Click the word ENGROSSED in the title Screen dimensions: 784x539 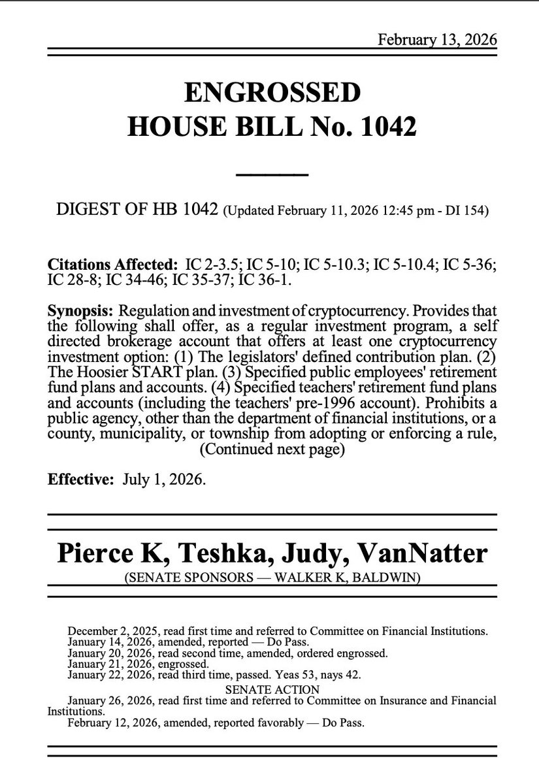click(272, 93)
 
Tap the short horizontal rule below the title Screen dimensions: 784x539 click(271, 174)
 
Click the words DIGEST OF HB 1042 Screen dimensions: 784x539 click(139, 211)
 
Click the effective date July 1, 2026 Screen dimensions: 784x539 click(164, 480)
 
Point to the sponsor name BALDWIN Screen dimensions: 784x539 click(391, 578)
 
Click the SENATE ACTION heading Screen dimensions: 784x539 click(272, 690)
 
